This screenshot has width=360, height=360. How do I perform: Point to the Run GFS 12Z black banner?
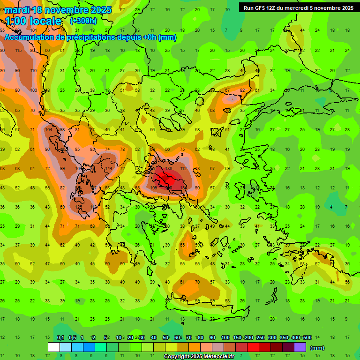(x=299, y=7)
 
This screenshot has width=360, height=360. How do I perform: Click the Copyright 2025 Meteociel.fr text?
(x=199, y=357)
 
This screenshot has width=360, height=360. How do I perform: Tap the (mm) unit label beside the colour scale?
(x=317, y=348)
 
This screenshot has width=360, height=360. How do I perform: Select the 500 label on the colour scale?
(x=307, y=338)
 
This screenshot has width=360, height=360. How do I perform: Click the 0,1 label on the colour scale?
(x=60, y=338)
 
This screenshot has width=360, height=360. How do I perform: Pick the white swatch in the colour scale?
(x=54, y=347)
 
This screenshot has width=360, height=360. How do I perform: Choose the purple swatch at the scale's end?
(x=300, y=347)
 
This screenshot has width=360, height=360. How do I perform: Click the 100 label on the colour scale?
(x=225, y=338)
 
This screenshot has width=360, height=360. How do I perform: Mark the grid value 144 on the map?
(x=108, y=168)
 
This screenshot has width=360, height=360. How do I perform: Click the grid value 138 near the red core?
(x=169, y=168)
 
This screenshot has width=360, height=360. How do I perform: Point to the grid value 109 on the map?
(x=154, y=187)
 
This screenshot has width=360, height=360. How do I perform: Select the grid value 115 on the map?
(x=18, y=51)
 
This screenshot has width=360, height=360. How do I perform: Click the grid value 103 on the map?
(x=33, y=90)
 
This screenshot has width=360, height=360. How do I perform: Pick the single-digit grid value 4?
(x=331, y=207)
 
